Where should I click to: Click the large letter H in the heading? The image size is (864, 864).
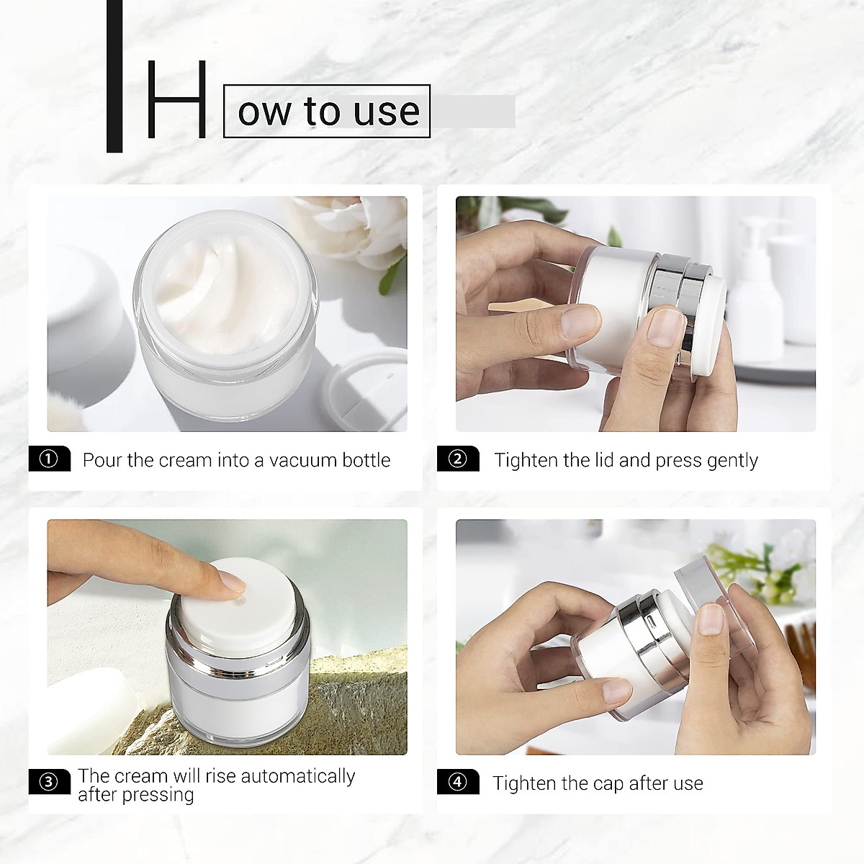tap(176, 100)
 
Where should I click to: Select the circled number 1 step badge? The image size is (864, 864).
tap(49, 459)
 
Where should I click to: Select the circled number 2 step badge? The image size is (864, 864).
tap(458, 459)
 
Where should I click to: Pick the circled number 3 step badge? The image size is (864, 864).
tap(49, 782)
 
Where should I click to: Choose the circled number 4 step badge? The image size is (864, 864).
tap(458, 782)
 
